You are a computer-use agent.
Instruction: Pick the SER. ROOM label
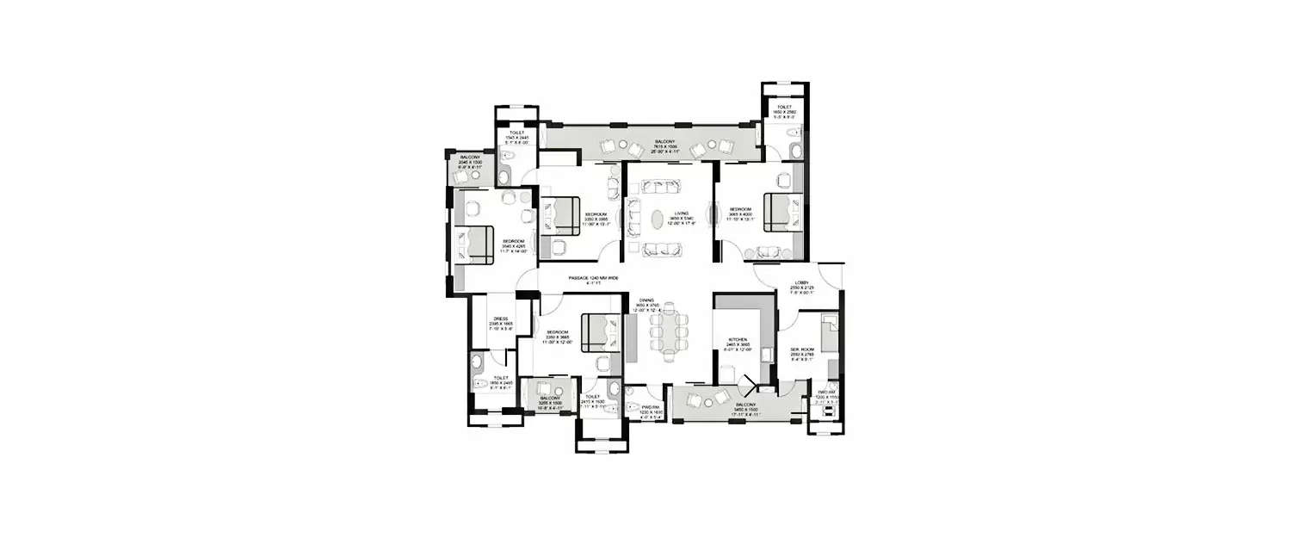click(x=801, y=349)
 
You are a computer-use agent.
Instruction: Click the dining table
click(x=669, y=333)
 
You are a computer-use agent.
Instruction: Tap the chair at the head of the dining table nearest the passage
click(x=669, y=309)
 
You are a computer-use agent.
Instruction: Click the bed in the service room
click(x=828, y=333)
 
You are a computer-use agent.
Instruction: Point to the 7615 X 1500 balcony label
click(x=664, y=142)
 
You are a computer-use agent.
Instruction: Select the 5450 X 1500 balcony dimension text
click(x=745, y=410)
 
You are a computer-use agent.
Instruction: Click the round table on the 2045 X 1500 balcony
click(x=473, y=175)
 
